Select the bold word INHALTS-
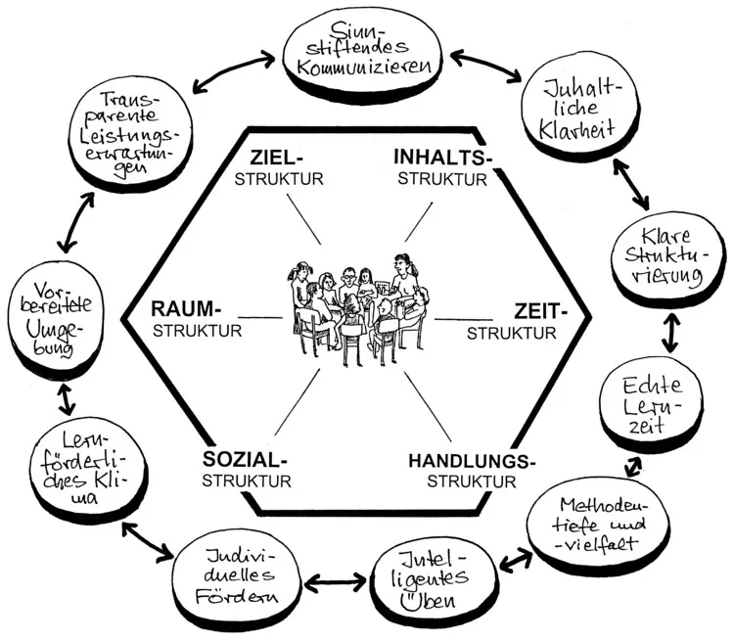pos(442,158)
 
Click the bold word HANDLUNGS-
pos(473,461)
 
